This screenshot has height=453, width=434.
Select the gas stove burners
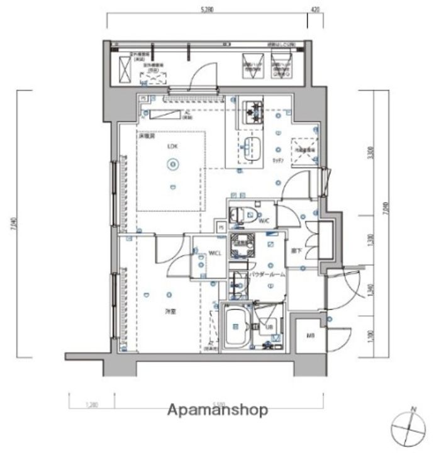[x=253, y=111]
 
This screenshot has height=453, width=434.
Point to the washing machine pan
[x=243, y=244]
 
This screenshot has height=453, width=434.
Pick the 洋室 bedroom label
[x=170, y=311]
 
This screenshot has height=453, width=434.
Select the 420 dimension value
[x=315, y=9]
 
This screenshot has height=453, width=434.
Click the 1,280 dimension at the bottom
[x=92, y=405]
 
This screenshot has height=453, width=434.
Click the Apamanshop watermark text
[x=217, y=410]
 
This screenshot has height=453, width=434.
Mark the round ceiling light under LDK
[x=172, y=165]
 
